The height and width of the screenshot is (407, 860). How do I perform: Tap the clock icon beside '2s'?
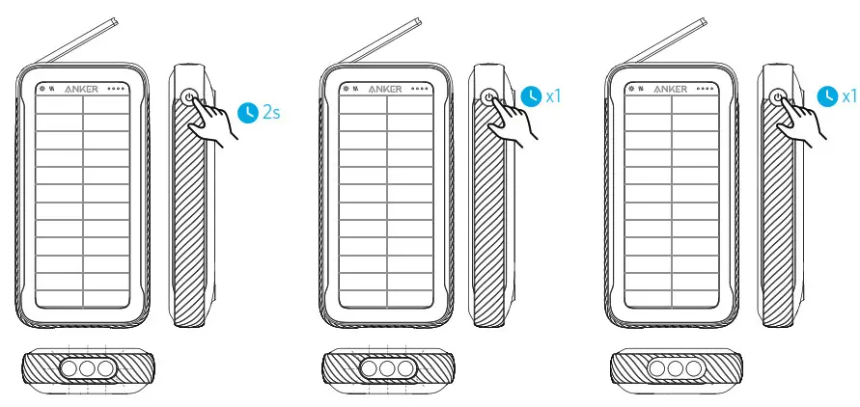249,113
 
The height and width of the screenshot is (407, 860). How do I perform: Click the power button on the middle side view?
489,97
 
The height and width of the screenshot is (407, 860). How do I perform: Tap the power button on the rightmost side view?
778,97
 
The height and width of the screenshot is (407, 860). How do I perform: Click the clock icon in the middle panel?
532,96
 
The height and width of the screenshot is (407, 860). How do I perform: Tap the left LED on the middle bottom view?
368,368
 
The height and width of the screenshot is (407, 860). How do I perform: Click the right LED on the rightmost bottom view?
694,368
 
